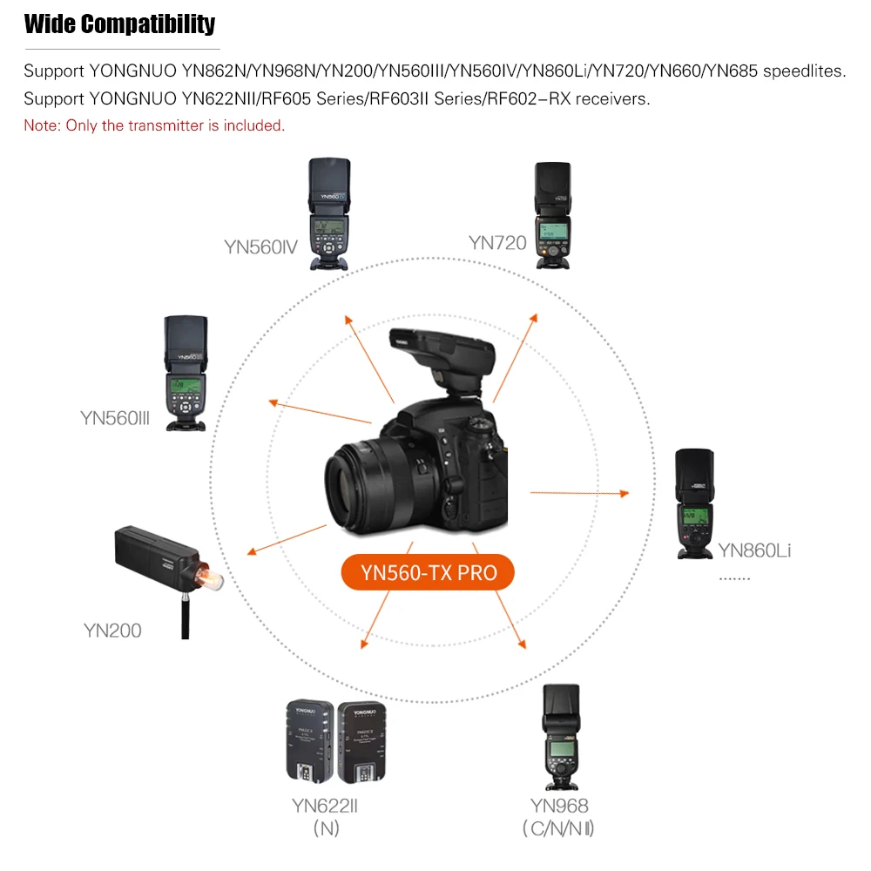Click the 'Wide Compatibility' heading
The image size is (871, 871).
point(119,24)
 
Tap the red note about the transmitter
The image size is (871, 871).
point(154,125)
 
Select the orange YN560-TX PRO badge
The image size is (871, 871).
point(428,572)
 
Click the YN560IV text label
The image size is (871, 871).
point(260,246)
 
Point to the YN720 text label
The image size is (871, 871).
point(497,242)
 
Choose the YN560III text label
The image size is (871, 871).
point(115,418)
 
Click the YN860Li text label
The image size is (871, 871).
point(754,550)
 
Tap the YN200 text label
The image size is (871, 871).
point(112,630)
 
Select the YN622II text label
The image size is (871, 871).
point(324,806)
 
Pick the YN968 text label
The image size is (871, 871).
point(559,806)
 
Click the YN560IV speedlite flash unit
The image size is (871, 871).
point(330,214)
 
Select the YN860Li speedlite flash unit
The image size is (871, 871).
point(695,503)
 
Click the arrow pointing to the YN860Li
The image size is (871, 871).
point(579,493)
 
